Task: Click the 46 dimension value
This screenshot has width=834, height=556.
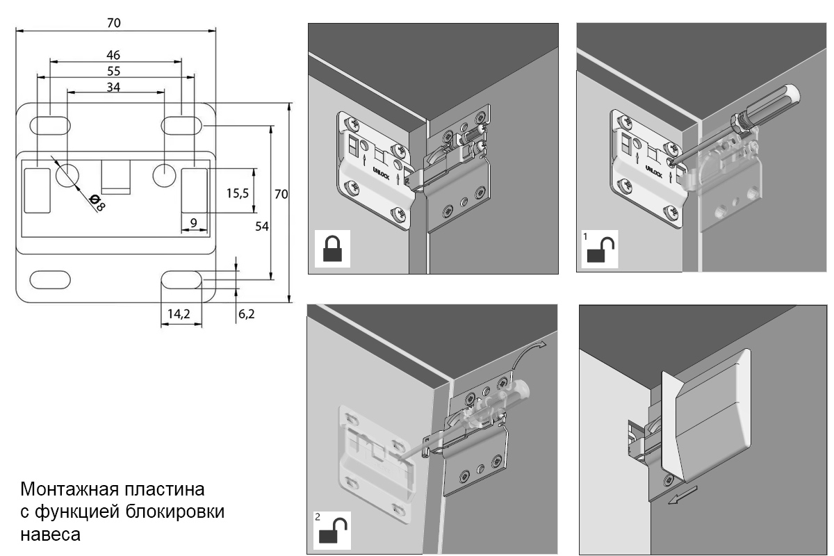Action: [113, 55]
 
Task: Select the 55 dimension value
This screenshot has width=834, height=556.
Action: [113, 71]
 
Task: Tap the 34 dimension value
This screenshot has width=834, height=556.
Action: [113, 86]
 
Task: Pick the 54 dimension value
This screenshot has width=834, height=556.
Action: [261, 226]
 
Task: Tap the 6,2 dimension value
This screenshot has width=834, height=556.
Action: [247, 314]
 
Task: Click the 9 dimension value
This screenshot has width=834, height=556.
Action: [194, 222]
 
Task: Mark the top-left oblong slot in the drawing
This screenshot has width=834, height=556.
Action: [49, 126]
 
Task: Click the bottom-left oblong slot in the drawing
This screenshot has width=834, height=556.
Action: [49, 279]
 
